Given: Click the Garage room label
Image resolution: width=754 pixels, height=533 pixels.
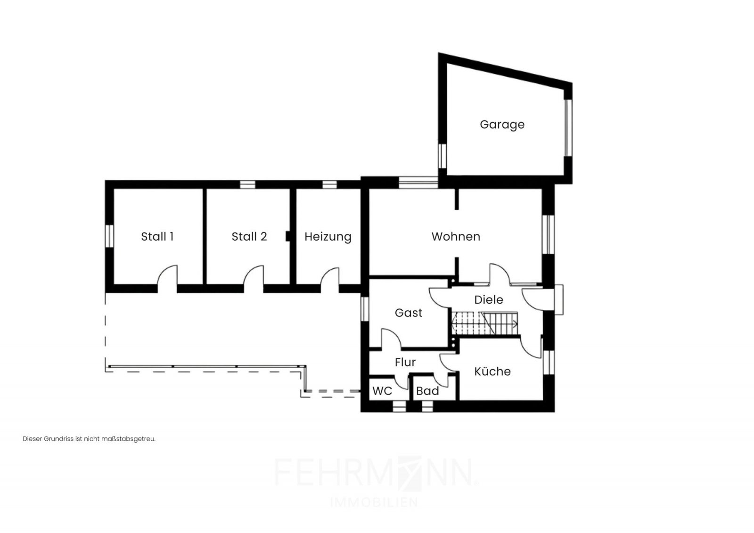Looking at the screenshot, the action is pyautogui.click(x=502, y=125).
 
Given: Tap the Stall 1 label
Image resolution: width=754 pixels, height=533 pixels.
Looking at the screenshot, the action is pyautogui.click(x=157, y=236).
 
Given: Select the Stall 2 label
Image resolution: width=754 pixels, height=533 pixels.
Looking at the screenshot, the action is pyautogui.click(x=249, y=236).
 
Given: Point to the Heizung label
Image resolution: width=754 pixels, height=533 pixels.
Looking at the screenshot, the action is pyautogui.click(x=328, y=237).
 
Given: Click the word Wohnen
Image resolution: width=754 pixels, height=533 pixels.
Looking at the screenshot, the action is pyautogui.click(x=456, y=236).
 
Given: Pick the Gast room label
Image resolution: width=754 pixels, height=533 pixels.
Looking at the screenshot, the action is pyautogui.click(x=408, y=313).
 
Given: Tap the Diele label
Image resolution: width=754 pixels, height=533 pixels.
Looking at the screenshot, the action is pyautogui.click(x=488, y=299).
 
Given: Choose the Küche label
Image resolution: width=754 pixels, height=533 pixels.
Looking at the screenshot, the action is pyautogui.click(x=492, y=371).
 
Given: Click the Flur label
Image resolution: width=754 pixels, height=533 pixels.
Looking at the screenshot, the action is pyautogui.click(x=405, y=362).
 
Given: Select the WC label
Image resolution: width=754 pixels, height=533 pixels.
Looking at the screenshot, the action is pyautogui.click(x=382, y=391).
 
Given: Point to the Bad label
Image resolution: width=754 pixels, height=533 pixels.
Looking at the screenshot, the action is pyautogui.click(x=427, y=391).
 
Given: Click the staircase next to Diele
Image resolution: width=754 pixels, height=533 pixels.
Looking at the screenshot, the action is pyautogui.click(x=485, y=323).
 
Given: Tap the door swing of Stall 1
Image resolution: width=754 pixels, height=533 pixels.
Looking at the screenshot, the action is pyautogui.click(x=167, y=279).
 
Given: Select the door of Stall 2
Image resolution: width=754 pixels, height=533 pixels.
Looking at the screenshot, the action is pyautogui.click(x=254, y=279).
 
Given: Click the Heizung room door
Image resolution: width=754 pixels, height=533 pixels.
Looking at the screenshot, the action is pyautogui.click(x=329, y=280).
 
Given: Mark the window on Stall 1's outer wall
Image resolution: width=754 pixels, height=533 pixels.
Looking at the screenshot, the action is pyautogui.click(x=109, y=236).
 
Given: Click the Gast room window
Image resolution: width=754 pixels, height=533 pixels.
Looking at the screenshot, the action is pyautogui.click(x=365, y=309).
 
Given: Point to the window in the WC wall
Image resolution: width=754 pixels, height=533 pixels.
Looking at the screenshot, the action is pyautogui.click(x=399, y=406).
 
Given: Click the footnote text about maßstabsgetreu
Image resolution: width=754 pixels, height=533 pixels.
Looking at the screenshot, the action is pyautogui.click(x=89, y=439).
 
